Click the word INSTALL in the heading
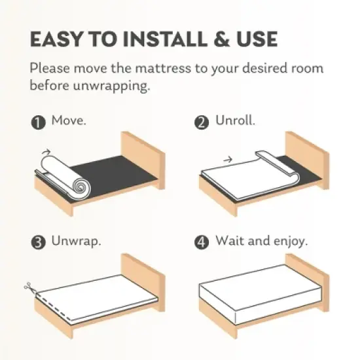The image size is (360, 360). click(164, 39)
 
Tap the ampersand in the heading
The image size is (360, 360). click(221, 39)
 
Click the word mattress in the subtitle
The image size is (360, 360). click(163, 68)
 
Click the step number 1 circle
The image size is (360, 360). click(39, 122)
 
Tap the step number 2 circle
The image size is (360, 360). click(202, 122)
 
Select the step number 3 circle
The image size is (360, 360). click(39, 242)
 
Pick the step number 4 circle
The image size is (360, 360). click(202, 242)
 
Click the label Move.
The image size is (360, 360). click(69, 120)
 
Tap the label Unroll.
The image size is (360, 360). click(235, 120)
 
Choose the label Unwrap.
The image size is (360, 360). click(76, 241)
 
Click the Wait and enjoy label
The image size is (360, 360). click(262, 241)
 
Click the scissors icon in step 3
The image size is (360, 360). click(29, 287)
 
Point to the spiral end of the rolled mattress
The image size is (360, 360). click(81, 187)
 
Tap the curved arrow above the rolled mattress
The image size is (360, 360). click(46, 152)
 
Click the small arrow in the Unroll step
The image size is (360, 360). click(228, 159)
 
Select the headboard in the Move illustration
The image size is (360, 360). click(143, 160)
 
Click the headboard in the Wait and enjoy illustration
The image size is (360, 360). click(308, 283)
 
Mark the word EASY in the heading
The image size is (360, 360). click(56, 39)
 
